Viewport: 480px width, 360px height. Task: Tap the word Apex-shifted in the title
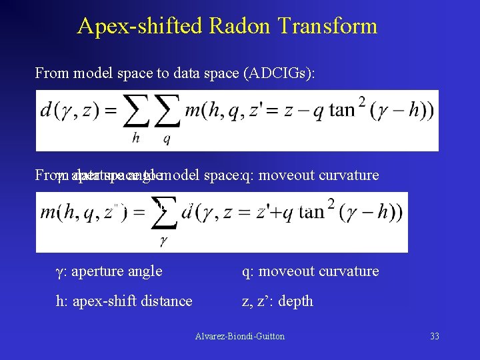pos(140,26)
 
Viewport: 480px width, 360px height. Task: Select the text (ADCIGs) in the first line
pos(283,73)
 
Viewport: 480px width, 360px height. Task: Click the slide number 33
pos(435,336)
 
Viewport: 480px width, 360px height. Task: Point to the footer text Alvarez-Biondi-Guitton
pos(240,336)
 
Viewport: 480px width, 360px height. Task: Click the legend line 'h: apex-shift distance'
pos(124,301)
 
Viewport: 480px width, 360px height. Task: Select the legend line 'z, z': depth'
pos(277,301)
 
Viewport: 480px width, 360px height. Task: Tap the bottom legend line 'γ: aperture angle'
pos(109,271)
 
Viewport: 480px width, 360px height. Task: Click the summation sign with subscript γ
pos(163,214)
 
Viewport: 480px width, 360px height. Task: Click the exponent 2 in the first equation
pos(361,101)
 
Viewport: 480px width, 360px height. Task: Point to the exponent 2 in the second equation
pos(331,203)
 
